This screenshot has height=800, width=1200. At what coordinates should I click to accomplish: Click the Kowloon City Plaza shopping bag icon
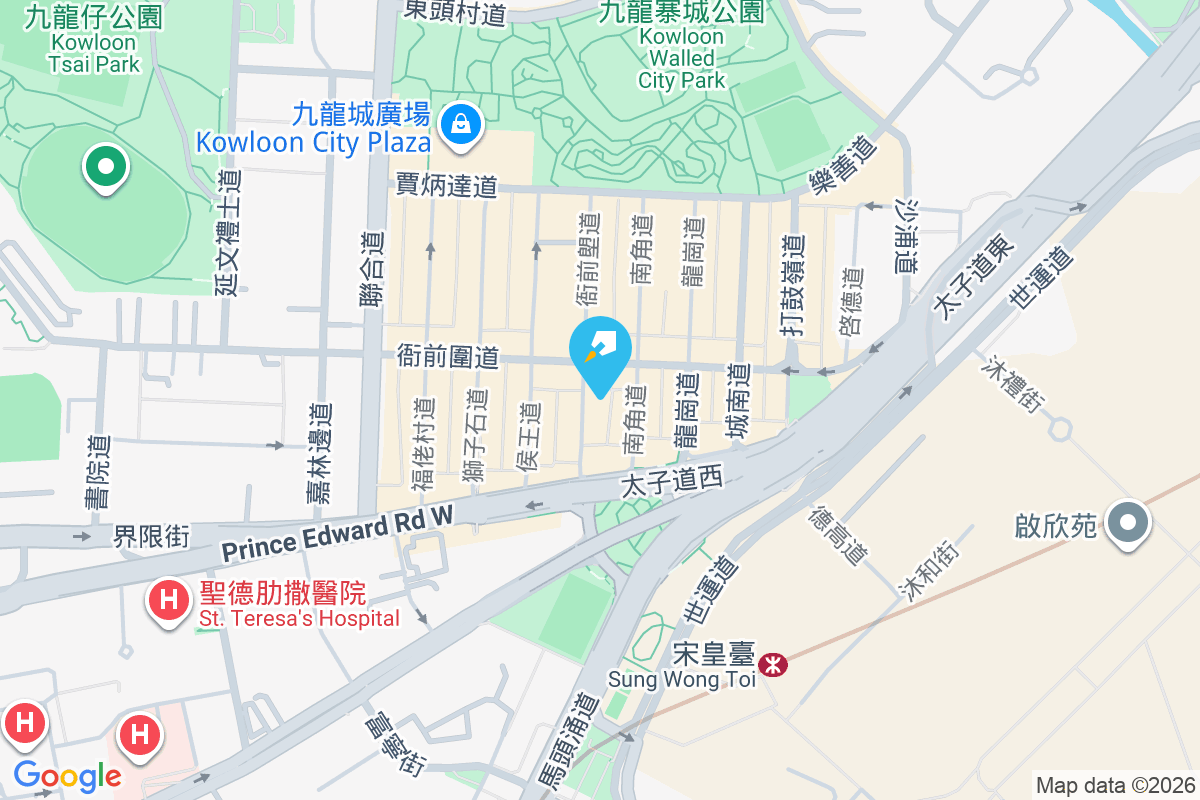tap(460, 124)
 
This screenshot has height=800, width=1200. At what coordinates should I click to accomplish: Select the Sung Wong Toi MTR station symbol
tap(772, 664)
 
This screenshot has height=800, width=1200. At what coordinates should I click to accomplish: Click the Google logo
tap(67, 775)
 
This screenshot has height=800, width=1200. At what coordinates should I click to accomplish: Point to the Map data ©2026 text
tap(1115, 785)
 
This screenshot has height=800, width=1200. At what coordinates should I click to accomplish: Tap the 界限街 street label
tap(150, 536)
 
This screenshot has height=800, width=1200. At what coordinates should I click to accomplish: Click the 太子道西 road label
tap(671, 482)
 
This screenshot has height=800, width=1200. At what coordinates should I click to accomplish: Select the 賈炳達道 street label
tap(446, 185)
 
